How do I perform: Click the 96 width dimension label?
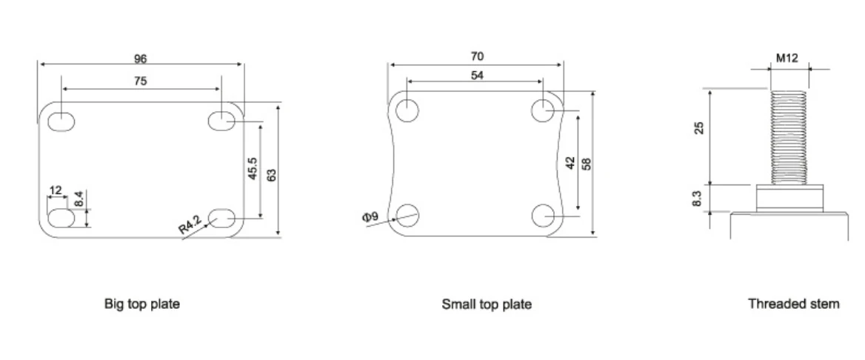[141, 58]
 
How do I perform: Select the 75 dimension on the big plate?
[141, 81]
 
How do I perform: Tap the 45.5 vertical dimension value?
[252, 168]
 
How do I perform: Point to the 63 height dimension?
[271, 175]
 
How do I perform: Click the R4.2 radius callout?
[190, 226]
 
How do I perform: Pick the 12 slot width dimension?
[55, 190]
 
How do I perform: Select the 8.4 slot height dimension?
[79, 199]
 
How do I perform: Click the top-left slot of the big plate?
[61, 121]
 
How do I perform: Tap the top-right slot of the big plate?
[221, 120]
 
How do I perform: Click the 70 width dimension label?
[477, 56]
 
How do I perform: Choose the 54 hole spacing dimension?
[477, 75]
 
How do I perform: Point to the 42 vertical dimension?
[570, 163]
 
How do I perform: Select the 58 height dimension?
[587, 164]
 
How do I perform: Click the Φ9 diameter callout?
[371, 216]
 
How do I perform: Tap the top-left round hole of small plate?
[407, 110]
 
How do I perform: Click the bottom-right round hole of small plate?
[544, 216]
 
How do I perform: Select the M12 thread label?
[787, 58]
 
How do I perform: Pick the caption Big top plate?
[141, 304]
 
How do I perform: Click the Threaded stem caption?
[794, 303]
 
